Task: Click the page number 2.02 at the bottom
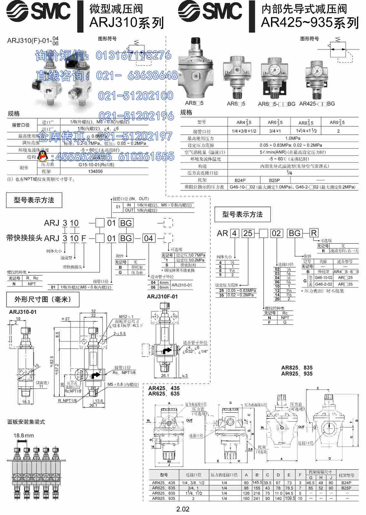point(183,509)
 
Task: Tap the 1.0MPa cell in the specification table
point(293,138)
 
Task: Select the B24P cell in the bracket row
point(240,180)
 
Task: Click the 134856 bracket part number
point(95,172)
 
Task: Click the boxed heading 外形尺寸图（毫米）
point(42,299)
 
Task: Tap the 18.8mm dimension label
point(23,435)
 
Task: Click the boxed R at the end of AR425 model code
point(314,233)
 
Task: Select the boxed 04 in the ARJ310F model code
point(148,238)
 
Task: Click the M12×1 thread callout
point(126,317)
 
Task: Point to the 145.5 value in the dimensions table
point(257,482)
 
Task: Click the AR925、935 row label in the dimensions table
point(164,498)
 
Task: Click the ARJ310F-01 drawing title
point(162,296)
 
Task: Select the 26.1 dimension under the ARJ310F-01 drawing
point(165,375)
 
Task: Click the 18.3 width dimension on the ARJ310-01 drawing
point(26,402)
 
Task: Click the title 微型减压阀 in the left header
point(116,9)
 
